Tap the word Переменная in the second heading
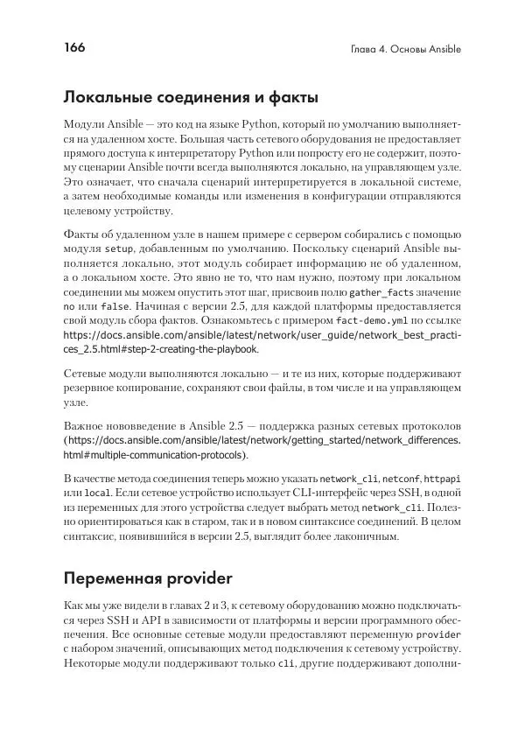click(121, 578)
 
